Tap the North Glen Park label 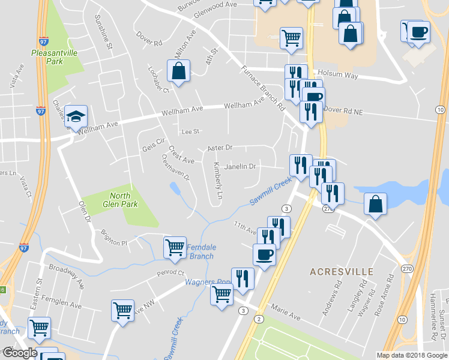124,200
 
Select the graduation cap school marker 76,116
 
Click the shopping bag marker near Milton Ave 179,71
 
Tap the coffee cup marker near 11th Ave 264,255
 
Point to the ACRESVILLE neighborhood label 342,272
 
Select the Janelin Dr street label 240,166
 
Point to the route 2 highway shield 259,319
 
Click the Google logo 20,353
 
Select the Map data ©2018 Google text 411,355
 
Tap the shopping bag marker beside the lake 375,204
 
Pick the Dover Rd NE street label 343,110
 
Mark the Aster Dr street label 219,147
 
